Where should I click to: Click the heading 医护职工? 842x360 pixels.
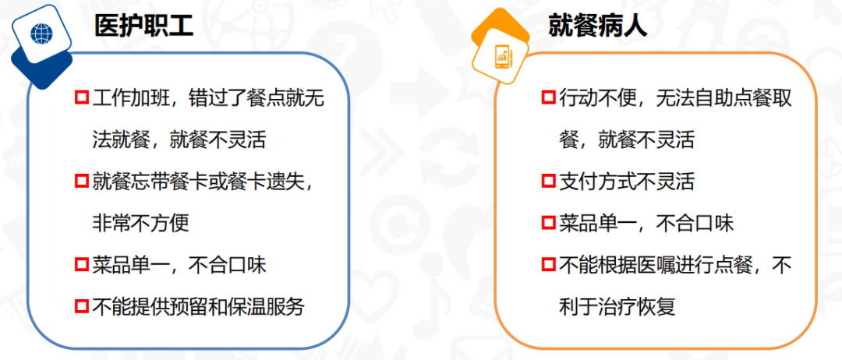(143, 26)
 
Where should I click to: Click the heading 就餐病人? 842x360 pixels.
(598, 26)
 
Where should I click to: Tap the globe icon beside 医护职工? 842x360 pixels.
(42, 33)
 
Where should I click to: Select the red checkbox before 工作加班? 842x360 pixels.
(82, 97)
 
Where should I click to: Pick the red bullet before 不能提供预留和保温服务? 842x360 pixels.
(82, 305)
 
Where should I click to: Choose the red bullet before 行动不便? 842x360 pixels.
(548, 97)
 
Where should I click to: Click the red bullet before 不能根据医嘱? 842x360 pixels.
(548, 264)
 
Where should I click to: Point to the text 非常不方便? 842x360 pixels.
(140, 223)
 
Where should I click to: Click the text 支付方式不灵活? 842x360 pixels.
(627, 182)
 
